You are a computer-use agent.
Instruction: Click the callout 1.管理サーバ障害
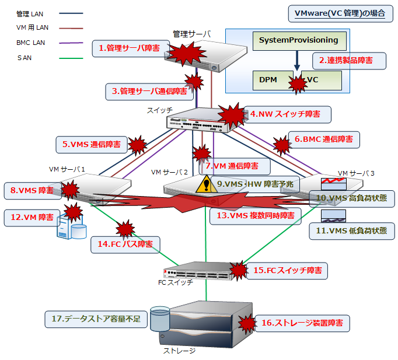click(130, 48)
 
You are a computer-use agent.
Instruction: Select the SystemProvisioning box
click(298, 40)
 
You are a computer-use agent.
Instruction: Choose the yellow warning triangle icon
click(205, 185)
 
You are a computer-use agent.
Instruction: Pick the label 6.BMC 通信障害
click(323, 139)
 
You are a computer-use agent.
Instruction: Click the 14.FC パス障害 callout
click(125, 244)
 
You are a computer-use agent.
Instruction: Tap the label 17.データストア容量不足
click(96, 319)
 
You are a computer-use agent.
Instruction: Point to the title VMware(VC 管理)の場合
click(340, 13)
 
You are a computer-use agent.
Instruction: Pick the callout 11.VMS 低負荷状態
click(350, 230)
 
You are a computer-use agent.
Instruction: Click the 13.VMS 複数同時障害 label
click(255, 215)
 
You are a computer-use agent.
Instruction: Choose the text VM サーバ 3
click(356, 173)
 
